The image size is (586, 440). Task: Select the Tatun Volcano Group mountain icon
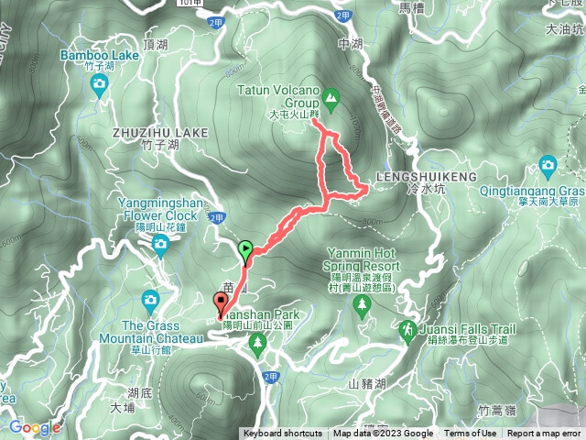tap(331, 96)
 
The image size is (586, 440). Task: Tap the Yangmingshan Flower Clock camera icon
tap(160, 243)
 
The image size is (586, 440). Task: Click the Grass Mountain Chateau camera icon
tap(150, 300)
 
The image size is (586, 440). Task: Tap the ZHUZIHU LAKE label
tap(160, 133)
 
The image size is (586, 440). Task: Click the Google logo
tap(35, 427)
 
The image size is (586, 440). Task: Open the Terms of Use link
tap(471, 434)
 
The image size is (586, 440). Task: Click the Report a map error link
tap(544, 434)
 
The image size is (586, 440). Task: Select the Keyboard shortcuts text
tap(282, 434)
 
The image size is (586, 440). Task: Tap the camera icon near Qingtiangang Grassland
tap(548, 166)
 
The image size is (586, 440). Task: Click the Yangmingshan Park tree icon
tap(257, 343)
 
